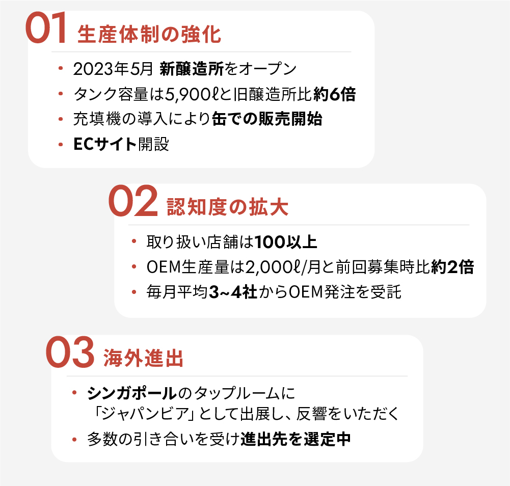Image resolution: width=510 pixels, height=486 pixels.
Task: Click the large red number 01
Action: (46, 28)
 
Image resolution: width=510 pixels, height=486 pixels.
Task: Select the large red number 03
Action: (70, 352)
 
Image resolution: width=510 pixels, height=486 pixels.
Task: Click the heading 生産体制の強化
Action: (149, 34)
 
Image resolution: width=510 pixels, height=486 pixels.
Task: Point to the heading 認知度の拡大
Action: (227, 207)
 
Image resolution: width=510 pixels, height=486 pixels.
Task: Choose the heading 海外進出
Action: (144, 358)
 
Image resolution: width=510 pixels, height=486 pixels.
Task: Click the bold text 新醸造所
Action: (192, 69)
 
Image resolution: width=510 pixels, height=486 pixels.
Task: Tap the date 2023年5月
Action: (113, 69)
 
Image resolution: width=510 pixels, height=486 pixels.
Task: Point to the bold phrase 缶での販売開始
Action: (267, 119)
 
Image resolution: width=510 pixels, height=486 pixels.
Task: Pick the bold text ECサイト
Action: (105, 144)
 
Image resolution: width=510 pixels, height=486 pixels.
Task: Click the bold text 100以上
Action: (286, 242)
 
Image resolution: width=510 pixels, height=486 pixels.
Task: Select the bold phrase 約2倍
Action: (452, 267)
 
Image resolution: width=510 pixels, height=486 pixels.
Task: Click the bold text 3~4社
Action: (233, 292)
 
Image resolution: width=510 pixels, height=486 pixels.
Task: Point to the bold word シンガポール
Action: (132, 393)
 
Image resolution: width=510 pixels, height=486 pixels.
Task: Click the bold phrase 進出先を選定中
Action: (296, 439)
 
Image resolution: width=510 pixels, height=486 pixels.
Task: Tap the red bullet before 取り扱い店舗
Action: (133, 241)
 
